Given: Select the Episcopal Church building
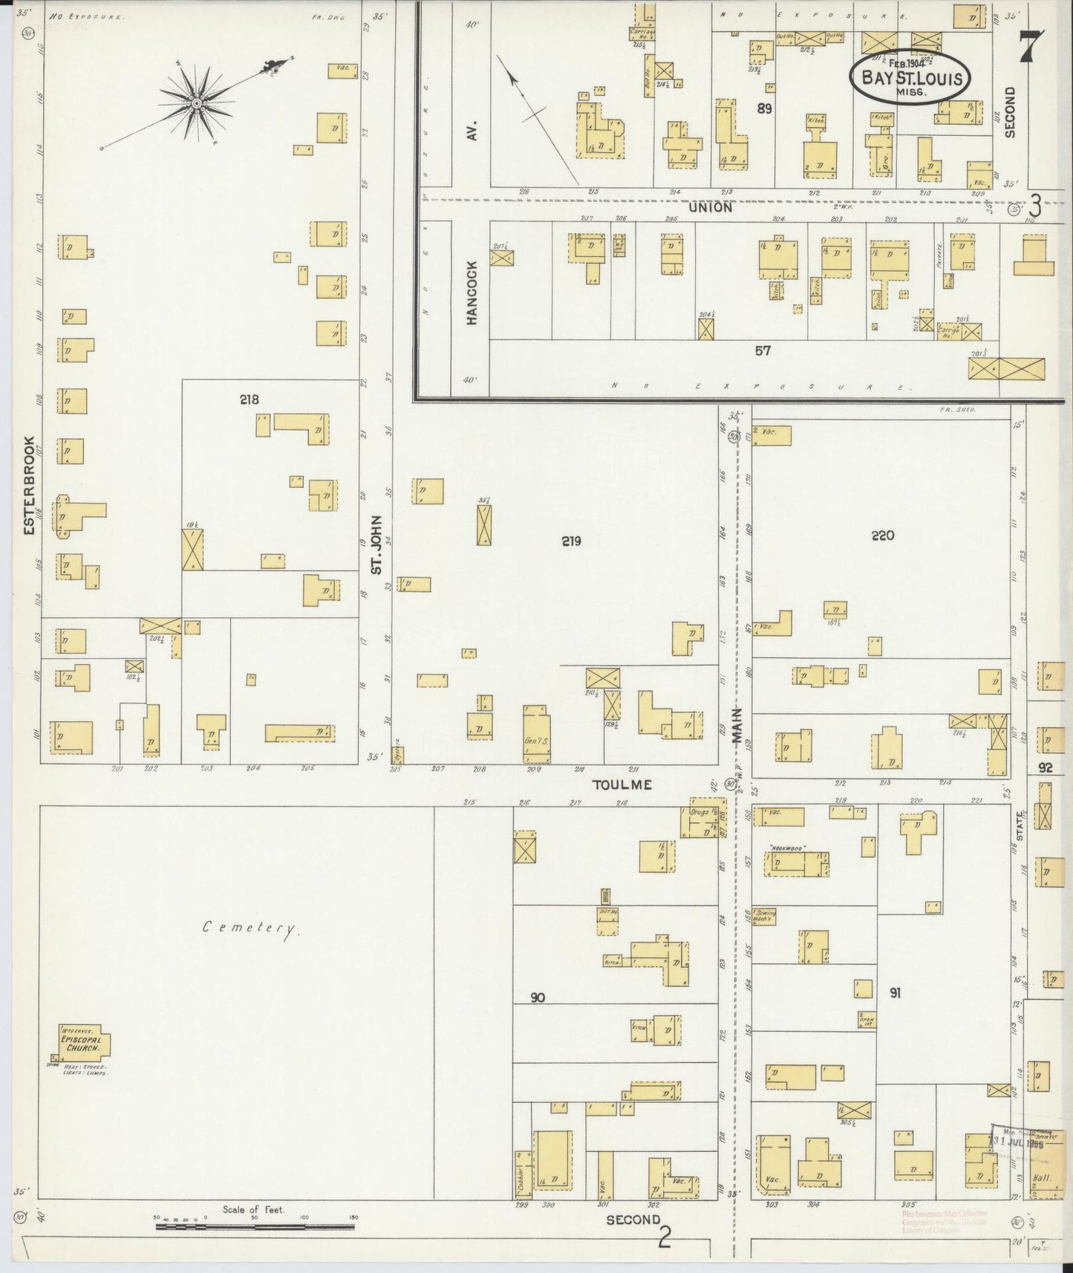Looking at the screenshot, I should tap(82, 1044).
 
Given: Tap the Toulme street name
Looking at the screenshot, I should tap(622, 784).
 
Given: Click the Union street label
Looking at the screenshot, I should tap(710, 207).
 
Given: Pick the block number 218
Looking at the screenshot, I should tap(249, 400).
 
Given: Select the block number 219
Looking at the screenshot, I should tap(571, 541).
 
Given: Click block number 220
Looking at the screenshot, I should tap(883, 535).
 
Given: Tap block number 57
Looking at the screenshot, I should tap(763, 351).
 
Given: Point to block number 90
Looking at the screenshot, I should tap(538, 997).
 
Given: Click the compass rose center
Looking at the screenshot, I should tap(197, 103).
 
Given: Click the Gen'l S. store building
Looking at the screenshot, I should tap(536, 735).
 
